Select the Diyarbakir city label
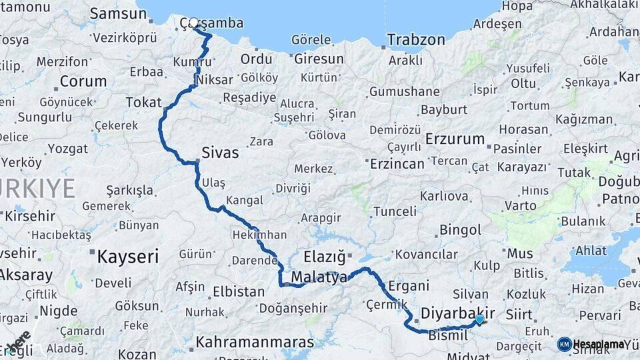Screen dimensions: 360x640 458,313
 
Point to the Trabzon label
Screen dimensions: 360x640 415,40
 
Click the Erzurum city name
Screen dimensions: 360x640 455,139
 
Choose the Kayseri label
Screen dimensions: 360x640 128,255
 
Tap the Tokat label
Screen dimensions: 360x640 143,102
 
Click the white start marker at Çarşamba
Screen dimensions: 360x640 193,23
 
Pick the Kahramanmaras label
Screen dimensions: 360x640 254,343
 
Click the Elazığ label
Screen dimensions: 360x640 325,256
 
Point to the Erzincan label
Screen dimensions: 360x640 397,164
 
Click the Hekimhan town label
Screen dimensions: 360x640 259,235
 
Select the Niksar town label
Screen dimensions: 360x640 215,80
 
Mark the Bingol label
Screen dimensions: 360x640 460,230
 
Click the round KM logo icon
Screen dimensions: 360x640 564,344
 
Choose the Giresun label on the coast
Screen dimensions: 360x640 319,59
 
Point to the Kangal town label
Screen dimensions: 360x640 245,200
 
